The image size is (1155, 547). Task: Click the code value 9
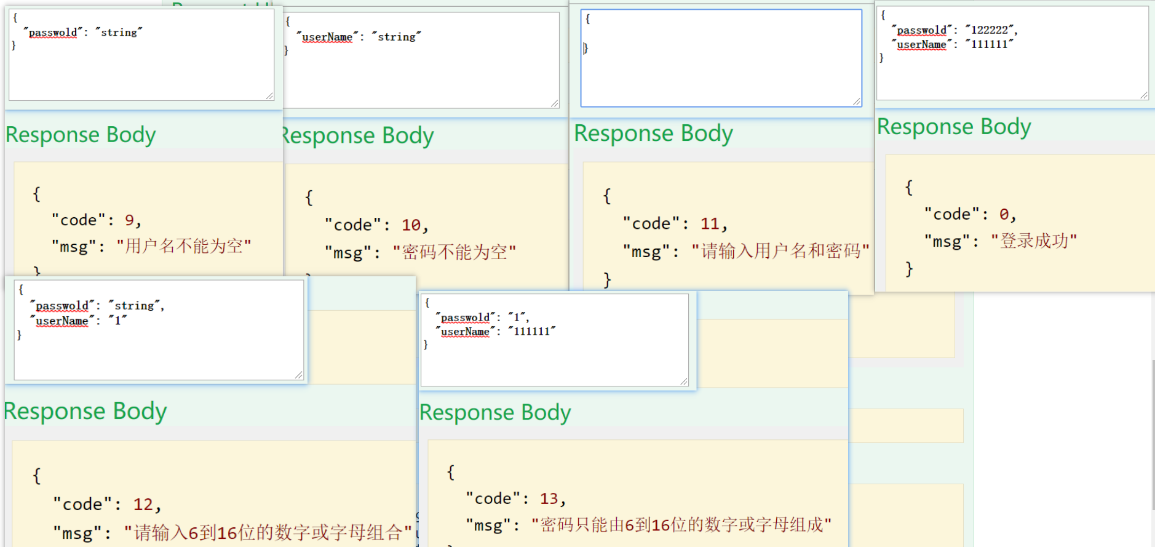click(x=129, y=220)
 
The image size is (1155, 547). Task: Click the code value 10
click(x=411, y=225)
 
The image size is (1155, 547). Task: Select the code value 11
click(x=710, y=224)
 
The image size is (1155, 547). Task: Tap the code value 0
click(x=1004, y=215)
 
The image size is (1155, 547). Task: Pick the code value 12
click(x=143, y=505)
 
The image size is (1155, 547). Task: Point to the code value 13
click(x=549, y=498)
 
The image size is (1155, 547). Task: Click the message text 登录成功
click(x=1034, y=241)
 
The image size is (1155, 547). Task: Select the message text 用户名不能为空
click(x=184, y=247)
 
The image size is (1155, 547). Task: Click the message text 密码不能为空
click(x=454, y=252)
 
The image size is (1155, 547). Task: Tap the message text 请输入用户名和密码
click(x=780, y=251)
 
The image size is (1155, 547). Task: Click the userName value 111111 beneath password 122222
click(x=989, y=44)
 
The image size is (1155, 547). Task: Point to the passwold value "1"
click(x=517, y=317)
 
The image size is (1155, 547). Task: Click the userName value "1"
click(x=117, y=321)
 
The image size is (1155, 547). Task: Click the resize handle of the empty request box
click(x=856, y=102)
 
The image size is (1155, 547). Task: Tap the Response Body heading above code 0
click(x=953, y=127)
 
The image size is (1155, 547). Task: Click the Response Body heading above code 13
click(x=495, y=412)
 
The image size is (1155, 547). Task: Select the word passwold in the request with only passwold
click(x=53, y=33)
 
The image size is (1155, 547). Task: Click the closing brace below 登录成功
click(x=909, y=269)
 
